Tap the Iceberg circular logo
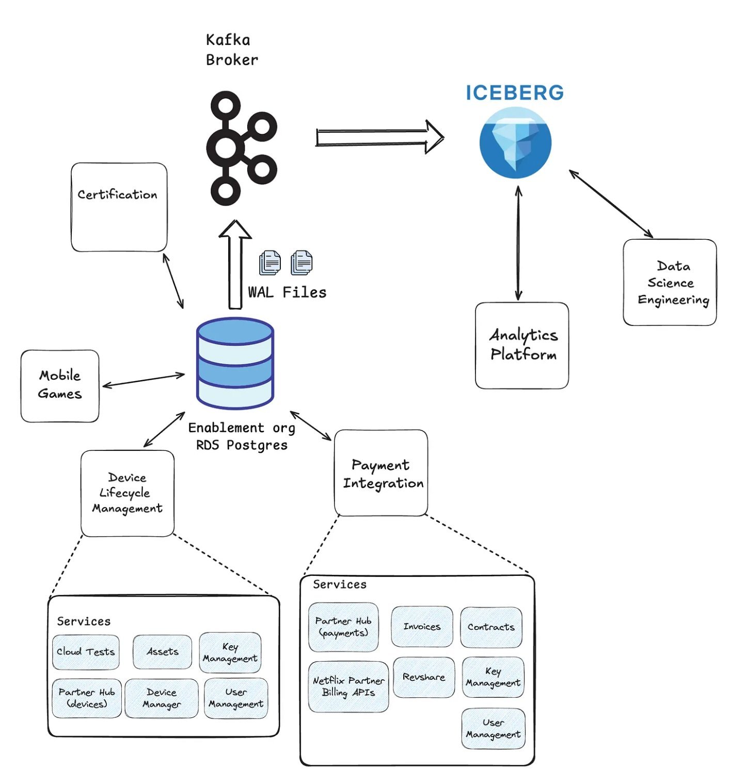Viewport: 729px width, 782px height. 515,143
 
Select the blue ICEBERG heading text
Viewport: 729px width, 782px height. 514,93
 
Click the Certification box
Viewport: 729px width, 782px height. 119,207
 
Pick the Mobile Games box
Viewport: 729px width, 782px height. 60,385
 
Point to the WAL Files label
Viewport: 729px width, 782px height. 287,292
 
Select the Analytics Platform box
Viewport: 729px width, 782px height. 521,345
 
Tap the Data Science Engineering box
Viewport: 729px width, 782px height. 670,282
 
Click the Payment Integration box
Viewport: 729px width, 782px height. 381,473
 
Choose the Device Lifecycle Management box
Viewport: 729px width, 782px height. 128,493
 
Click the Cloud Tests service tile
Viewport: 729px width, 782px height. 86,652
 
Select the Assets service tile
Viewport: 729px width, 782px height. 162,652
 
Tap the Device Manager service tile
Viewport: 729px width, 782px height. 162,698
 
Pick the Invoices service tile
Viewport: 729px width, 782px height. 422,627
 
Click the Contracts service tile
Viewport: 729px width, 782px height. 491,627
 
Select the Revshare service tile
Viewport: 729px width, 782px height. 424,677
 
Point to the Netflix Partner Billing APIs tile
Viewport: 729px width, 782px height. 348,686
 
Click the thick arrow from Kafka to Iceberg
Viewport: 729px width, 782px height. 379,137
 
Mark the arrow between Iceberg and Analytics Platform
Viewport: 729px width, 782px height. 518,243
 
